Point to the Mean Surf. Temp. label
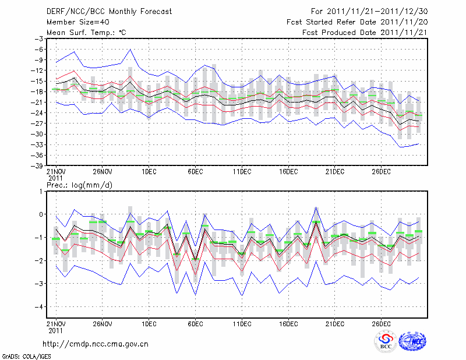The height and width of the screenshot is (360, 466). (x=86, y=32)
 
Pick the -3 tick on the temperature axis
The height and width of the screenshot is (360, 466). (x=40, y=38)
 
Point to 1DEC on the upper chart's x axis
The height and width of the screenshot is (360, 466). (x=149, y=172)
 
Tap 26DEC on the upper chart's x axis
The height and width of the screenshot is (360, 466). (x=381, y=172)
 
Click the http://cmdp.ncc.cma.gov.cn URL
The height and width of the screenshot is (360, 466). (x=96, y=344)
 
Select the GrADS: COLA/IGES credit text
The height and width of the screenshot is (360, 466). (x=21, y=355)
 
